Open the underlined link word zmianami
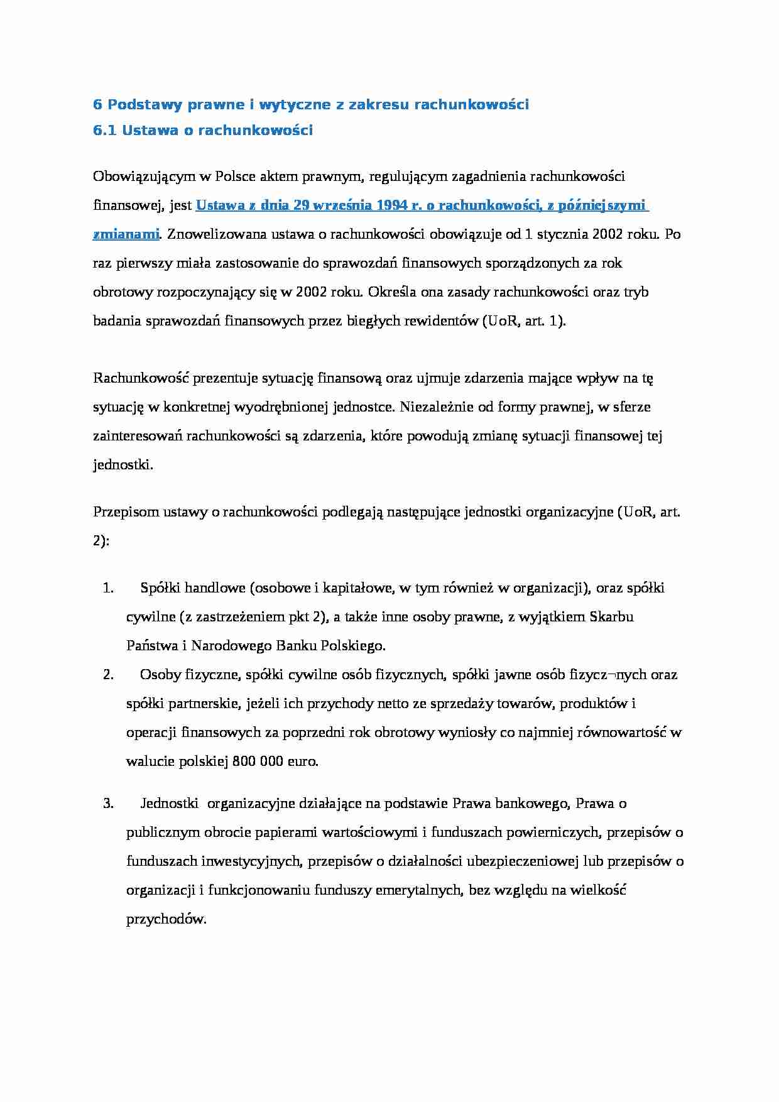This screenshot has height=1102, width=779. click(126, 234)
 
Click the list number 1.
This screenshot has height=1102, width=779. click(107, 589)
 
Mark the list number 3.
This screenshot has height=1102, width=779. click(107, 804)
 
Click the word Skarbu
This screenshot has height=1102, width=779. click(611, 617)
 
